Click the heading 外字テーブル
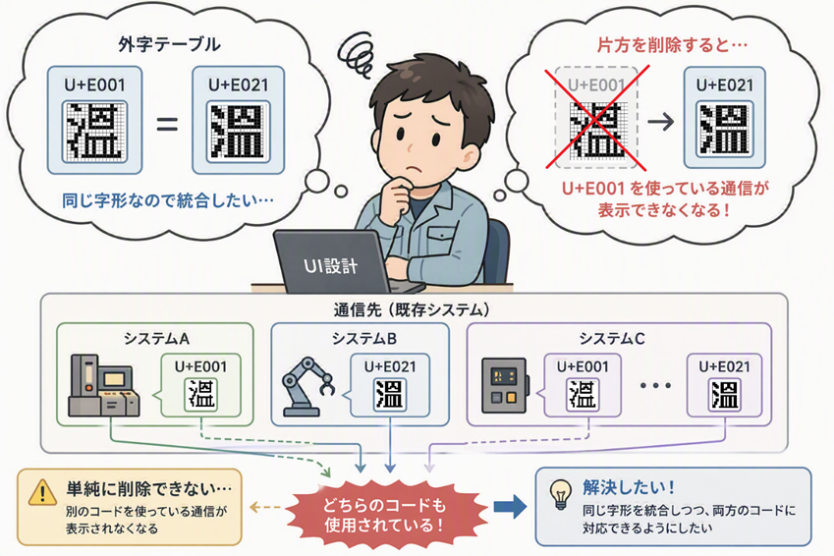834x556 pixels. (169, 44)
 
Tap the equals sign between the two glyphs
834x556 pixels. (166, 125)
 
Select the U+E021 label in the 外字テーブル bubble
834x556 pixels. (239, 85)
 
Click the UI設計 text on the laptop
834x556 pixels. (330, 265)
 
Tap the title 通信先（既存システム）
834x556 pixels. (412, 309)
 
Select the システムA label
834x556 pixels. (156, 338)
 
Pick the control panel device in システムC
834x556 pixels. (505, 386)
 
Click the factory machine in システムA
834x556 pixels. (104, 386)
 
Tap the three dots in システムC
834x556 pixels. (655, 385)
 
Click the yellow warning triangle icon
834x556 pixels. (42, 492)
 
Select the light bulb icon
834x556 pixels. (561, 495)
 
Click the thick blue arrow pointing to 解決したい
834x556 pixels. (510, 507)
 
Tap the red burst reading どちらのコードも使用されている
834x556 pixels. (385, 514)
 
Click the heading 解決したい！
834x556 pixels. (629, 487)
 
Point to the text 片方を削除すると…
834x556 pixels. (672, 44)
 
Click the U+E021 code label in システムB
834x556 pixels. (390, 366)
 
